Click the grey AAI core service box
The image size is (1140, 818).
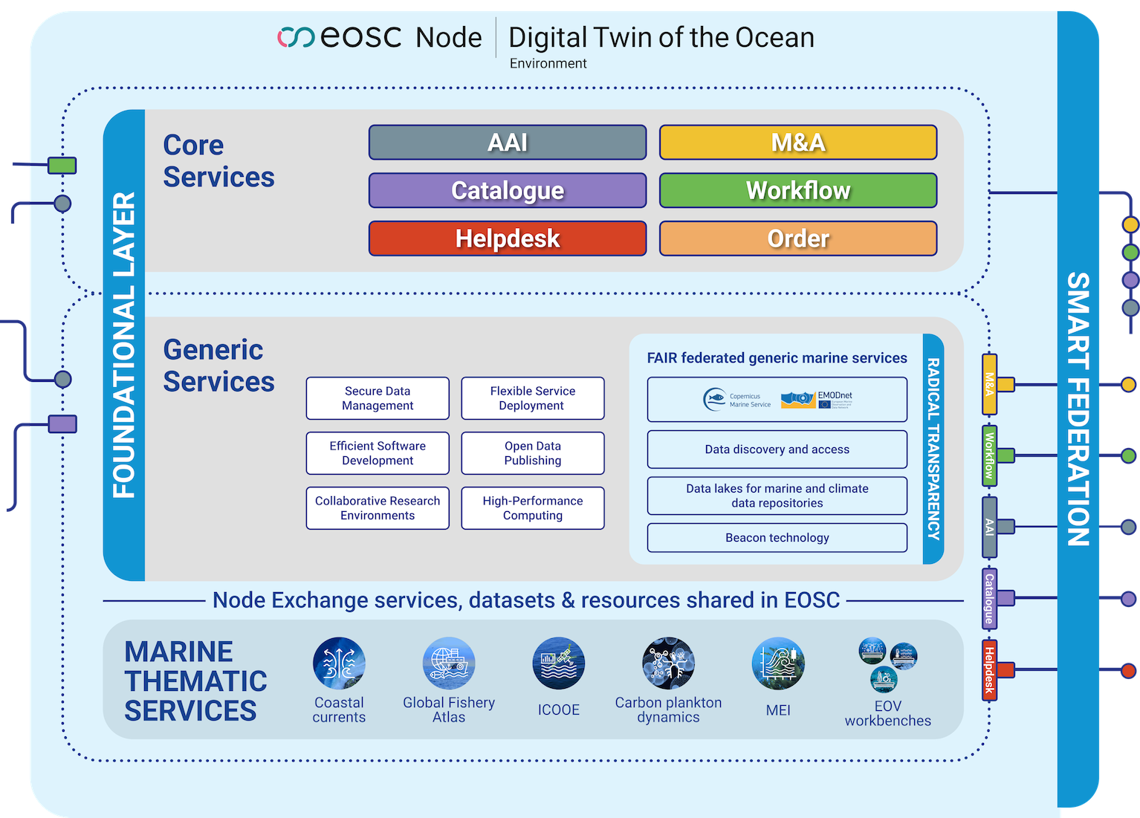[508, 142]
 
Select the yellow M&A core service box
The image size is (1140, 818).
[797, 142]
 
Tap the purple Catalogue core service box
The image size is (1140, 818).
[508, 190]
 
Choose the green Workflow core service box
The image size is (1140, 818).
[797, 190]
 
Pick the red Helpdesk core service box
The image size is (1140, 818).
[508, 238]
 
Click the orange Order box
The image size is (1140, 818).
[797, 238]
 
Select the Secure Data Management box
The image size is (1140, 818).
[378, 398]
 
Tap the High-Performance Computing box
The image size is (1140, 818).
[533, 508]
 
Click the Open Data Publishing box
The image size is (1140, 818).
[533, 453]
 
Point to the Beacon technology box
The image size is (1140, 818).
[777, 538]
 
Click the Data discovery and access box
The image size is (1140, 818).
[777, 449]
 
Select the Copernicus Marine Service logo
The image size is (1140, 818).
[736, 400]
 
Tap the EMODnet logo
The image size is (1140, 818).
[817, 400]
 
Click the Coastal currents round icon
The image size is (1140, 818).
[339, 663]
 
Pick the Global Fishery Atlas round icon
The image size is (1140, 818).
[449, 663]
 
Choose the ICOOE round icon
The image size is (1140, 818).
[559, 663]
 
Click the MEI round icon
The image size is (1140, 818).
[778, 663]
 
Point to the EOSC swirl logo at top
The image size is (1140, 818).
[296, 37]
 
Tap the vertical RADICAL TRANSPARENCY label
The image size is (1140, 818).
[933, 449]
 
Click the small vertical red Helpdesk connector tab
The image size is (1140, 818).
[989, 670]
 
